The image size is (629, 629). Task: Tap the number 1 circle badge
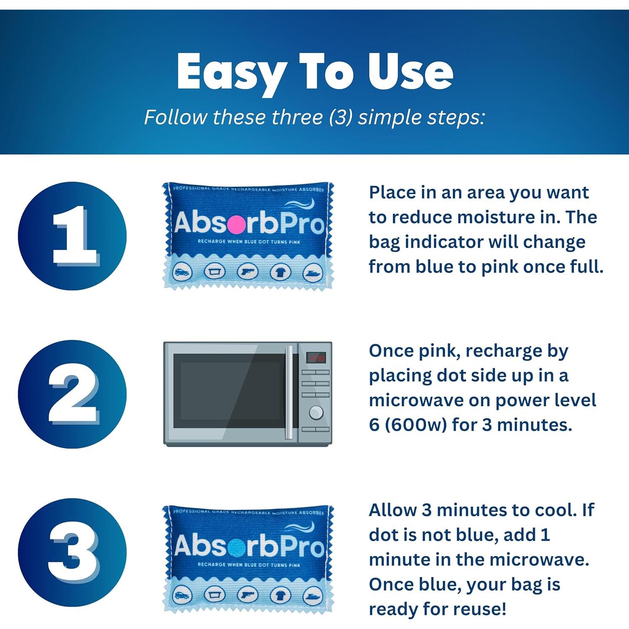coord(72,236)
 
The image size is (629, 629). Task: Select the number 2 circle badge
coord(72,394)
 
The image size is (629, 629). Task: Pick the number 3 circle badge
coord(72,552)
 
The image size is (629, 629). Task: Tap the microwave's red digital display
coord(316,358)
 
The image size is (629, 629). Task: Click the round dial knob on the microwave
coord(316,413)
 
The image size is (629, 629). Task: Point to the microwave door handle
coord(289,392)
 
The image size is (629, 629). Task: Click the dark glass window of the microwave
coord(229,391)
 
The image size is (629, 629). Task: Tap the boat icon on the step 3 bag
coord(312,595)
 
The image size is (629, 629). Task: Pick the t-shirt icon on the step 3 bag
coord(280,595)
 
